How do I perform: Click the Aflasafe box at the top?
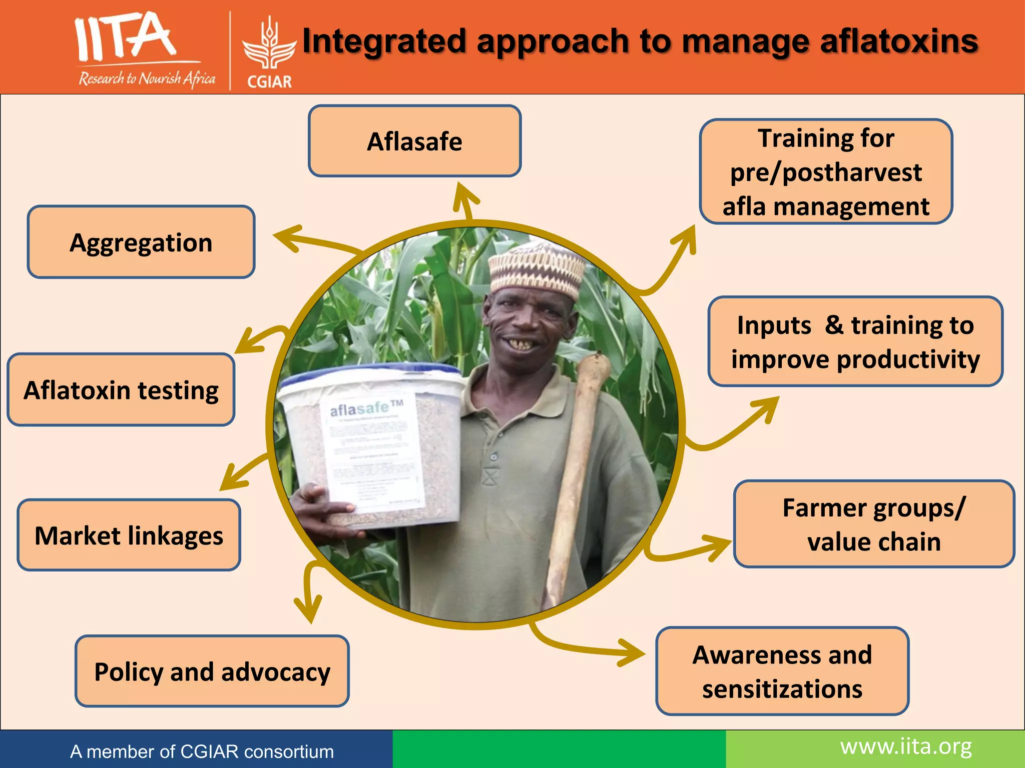coord(414,141)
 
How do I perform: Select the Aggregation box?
coord(141,242)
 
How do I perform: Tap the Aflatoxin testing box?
coord(121,390)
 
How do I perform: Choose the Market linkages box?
coord(129,535)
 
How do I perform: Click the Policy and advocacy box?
coord(212,671)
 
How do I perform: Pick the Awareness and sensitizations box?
coord(782,671)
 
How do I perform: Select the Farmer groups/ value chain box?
coord(874,524)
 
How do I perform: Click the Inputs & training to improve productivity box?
coord(855,342)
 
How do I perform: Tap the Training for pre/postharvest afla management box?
coord(826,171)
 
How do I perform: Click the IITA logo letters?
coord(125,37)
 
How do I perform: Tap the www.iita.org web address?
coord(906,747)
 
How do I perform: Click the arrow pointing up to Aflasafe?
coord(465,200)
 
